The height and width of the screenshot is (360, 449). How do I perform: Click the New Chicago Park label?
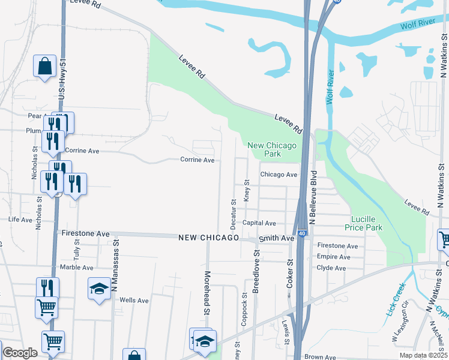[x=272, y=149]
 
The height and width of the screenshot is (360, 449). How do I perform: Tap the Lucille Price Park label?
[x=364, y=223]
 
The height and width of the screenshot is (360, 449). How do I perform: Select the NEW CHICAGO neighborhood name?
[x=208, y=238]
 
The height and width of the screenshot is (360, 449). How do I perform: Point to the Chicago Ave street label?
[x=279, y=175]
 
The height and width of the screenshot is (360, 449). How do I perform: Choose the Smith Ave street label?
[x=276, y=238]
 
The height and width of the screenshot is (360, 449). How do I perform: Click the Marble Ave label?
[x=77, y=266]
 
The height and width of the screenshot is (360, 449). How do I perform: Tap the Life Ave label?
[x=20, y=220]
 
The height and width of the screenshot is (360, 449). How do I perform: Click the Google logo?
[x=20, y=352]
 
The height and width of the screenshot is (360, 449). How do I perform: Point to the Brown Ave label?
[x=319, y=356]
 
